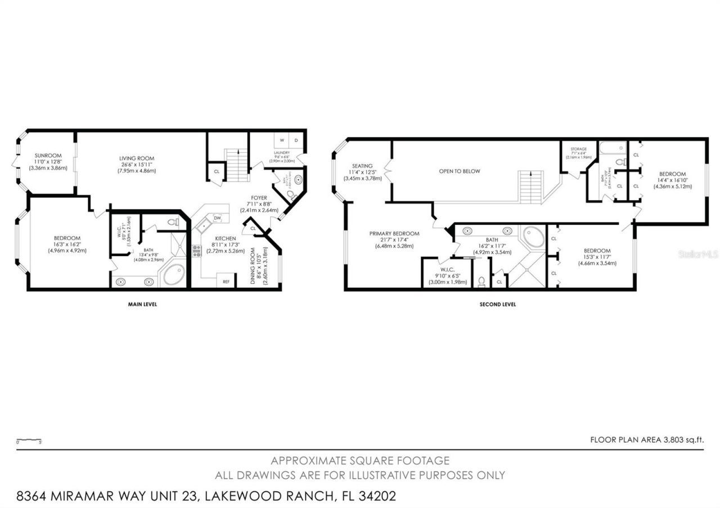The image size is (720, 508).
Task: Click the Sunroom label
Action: (48, 156)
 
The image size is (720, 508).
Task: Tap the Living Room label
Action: (137, 158)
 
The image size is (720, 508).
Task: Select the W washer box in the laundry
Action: (282, 140)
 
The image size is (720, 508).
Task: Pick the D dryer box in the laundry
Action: (296, 140)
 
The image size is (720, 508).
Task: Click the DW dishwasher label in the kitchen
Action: (217, 218)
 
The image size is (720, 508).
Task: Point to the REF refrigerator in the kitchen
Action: (226, 281)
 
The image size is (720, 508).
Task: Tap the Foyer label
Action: (259, 198)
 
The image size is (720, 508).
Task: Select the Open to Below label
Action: (460, 171)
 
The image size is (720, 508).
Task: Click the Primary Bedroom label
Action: (394, 234)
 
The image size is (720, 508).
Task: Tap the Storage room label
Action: (578, 149)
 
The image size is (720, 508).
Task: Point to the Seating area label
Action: (363, 166)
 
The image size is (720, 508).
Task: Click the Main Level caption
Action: (142, 305)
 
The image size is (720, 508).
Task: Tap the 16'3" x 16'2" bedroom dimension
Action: (67, 244)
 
